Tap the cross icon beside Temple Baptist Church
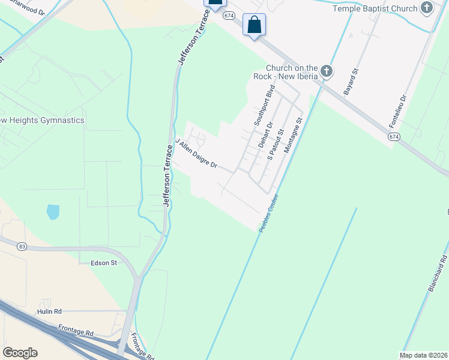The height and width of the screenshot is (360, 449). (427, 8)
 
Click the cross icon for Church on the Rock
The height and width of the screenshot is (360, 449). (326, 71)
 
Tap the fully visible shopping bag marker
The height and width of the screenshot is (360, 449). (255, 26)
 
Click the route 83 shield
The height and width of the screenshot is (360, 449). (22, 247)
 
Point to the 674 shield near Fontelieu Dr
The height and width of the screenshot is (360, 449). (393, 137)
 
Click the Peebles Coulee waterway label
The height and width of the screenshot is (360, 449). (268, 213)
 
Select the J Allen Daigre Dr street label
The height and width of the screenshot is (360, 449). (196, 154)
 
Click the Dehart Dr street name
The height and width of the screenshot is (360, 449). (266, 135)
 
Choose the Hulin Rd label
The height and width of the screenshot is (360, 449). (49, 311)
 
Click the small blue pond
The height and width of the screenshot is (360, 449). (53, 211)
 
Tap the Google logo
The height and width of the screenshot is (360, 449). (20, 353)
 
